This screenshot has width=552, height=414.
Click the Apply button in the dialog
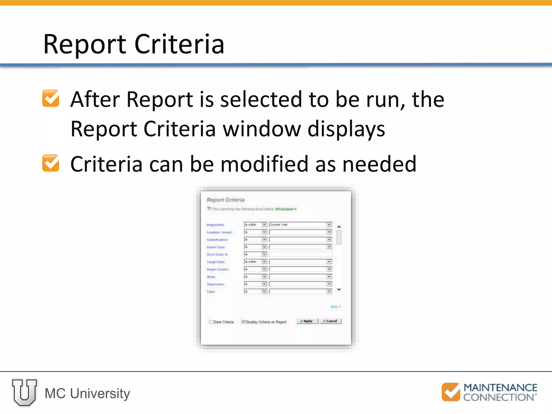click(x=307, y=321)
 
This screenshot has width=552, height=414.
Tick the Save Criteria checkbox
click(x=211, y=322)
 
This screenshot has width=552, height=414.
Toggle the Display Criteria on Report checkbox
click(x=243, y=322)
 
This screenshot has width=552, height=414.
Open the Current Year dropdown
click(x=300, y=225)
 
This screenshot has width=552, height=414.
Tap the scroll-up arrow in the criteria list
click(x=339, y=227)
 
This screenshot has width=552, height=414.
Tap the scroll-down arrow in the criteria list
click(x=339, y=289)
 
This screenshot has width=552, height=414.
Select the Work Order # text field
click(x=300, y=254)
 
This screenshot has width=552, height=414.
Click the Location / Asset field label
click(x=219, y=232)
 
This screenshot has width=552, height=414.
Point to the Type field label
click(x=211, y=292)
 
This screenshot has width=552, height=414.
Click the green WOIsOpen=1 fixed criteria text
click(x=285, y=209)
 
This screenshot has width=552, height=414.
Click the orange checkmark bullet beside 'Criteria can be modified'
click(x=51, y=163)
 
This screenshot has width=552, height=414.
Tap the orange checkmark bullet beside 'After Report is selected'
click(x=51, y=98)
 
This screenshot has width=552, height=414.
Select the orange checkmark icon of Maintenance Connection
click(x=451, y=392)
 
